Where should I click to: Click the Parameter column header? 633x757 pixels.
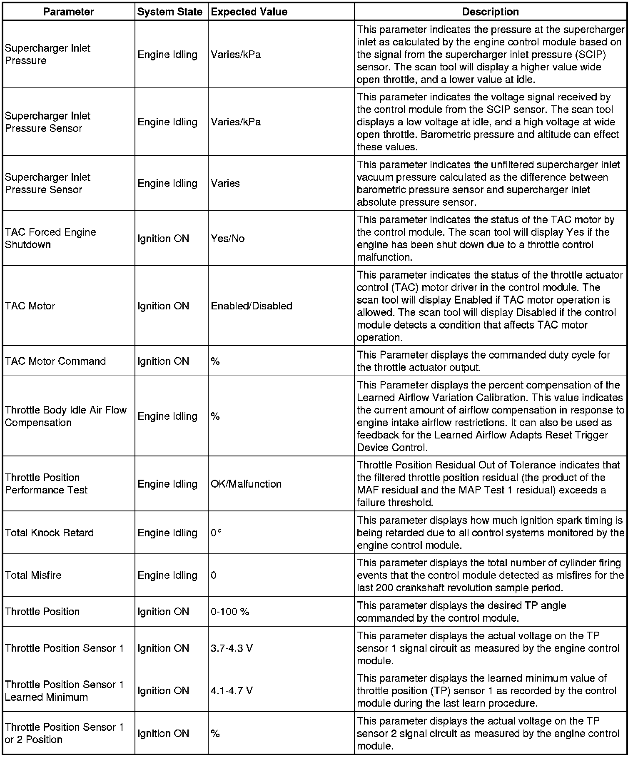click(69, 12)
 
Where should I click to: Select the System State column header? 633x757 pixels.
click(170, 12)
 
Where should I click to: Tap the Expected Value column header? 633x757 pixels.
click(249, 12)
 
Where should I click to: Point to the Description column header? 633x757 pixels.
click(491, 12)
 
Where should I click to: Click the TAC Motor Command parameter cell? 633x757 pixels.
click(55, 361)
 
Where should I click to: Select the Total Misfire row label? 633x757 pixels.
click(33, 575)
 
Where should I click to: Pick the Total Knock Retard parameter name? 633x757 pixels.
click(49, 533)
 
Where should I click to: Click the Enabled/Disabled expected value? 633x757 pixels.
click(252, 306)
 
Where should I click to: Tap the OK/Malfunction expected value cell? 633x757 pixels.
click(246, 484)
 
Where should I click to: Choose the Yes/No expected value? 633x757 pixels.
click(228, 238)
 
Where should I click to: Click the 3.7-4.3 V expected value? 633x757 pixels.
click(232, 648)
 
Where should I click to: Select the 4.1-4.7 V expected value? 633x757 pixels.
click(232, 690)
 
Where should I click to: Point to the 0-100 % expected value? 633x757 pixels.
click(230, 611)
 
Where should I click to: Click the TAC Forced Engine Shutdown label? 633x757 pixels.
click(50, 238)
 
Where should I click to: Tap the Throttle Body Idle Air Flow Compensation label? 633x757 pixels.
click(66, 416)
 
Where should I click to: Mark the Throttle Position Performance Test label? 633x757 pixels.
click(46, 483)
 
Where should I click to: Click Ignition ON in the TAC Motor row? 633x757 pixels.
click(163, 306)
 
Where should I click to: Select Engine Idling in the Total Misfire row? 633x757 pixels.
click(167, 575)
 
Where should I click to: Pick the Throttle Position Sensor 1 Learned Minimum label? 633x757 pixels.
click(64, 691)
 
